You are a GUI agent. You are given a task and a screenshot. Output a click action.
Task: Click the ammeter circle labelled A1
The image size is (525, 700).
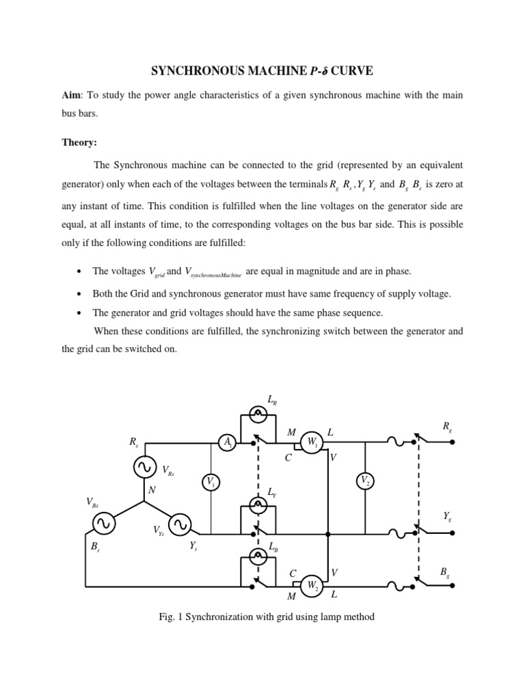tap(228, 443)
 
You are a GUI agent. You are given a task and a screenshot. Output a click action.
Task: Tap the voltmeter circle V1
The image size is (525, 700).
tap(211, 483)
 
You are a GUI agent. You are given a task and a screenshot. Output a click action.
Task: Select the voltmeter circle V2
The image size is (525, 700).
tap(365, 482)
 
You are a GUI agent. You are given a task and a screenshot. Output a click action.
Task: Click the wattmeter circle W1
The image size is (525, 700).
tap(312, 442)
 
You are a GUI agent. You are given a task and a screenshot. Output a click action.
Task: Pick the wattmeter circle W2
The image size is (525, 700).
tap(312, 585)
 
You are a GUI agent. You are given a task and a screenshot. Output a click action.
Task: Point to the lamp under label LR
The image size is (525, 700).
tap(258, 412)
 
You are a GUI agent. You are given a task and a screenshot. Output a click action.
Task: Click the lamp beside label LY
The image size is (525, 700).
tap(258, 505)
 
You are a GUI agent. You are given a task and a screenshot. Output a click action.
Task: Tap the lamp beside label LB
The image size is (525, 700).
tap(258, 556)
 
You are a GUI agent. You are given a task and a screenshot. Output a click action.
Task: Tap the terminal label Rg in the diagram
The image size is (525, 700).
tap(446, 427)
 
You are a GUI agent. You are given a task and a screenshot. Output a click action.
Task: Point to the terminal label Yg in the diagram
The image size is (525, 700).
tap(447, 517)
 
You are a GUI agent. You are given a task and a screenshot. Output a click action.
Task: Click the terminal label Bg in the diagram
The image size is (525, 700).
tap(445, 571)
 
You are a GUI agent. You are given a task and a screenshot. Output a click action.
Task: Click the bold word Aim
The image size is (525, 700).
tap(70, 95)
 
